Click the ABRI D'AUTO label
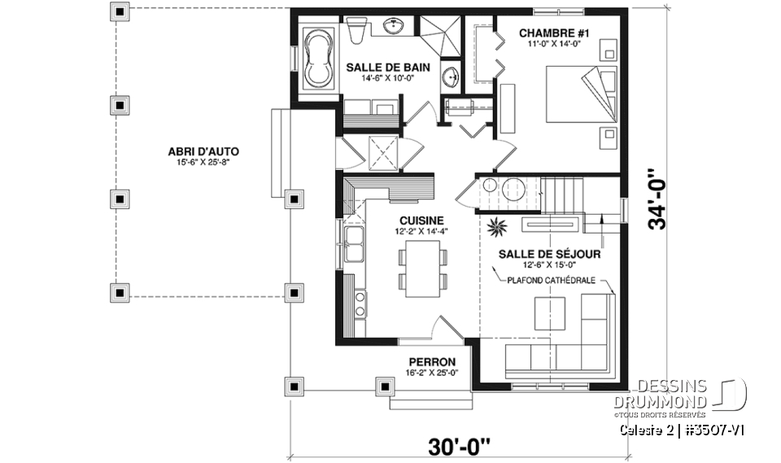198,151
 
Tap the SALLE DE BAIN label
376,68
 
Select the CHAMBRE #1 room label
553,33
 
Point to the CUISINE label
421,220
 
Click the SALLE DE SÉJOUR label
549,255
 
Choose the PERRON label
432,362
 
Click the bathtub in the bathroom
318,59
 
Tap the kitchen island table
421,271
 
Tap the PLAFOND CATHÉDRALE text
550,281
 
